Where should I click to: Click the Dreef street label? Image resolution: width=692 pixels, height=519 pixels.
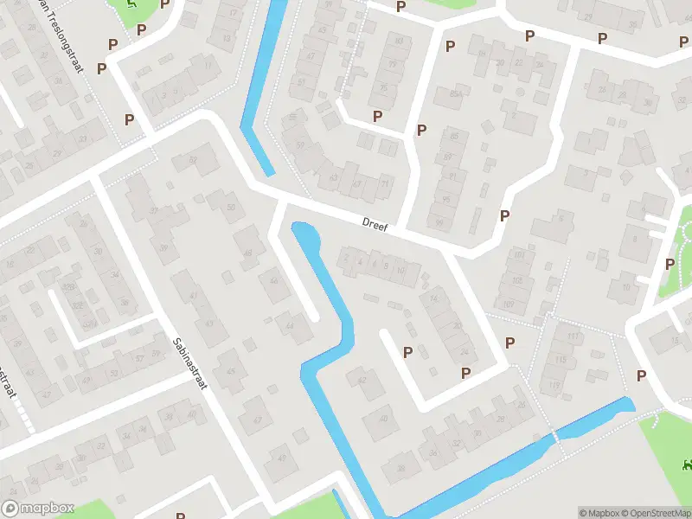click(375, 226)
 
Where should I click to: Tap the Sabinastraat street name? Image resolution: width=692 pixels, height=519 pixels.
click(189, 363)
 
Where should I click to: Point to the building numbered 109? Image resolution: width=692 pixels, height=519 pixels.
click(508, 304)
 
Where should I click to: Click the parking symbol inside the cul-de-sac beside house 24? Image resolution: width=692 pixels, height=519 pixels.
click(407, 351)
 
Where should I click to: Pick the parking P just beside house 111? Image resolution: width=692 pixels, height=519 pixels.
click(509, 343)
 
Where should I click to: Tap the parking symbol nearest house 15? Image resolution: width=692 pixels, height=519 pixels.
click(641, 375)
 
